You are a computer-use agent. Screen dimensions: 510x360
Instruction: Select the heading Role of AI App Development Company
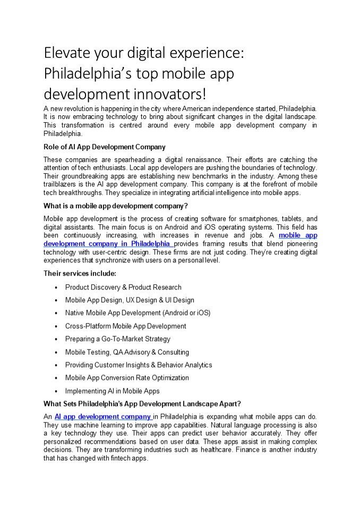105,147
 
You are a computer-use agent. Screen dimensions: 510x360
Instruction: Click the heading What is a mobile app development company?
116,206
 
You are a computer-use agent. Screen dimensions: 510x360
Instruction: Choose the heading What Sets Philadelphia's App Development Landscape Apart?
142,403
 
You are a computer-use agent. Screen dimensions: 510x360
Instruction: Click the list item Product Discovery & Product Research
123,287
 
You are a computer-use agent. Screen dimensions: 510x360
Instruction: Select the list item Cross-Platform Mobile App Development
125,326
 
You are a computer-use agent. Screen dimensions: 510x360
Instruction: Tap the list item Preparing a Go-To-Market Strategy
117,339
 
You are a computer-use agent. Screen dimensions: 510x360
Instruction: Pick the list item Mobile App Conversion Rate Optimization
127,378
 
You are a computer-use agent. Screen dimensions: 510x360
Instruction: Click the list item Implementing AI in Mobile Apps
112,391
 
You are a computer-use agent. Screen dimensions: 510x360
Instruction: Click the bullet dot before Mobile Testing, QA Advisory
56,352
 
